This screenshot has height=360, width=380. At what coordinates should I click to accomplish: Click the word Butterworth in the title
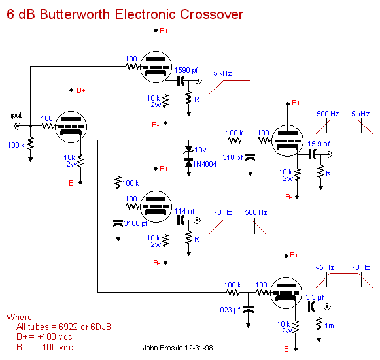click(x=75, y=14)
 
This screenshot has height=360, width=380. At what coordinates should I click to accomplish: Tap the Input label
click(x=14, y=115)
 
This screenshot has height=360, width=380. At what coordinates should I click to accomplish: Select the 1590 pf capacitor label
click(x=186, y=70)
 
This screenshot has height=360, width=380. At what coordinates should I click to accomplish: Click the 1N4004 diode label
click(x=205, y=164)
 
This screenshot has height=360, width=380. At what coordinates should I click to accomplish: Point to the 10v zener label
click(x=200, y=150)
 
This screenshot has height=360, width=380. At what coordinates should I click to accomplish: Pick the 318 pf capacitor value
click(x=233, y=157)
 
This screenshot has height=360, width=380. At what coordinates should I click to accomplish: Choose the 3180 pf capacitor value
click(x=135, y=223)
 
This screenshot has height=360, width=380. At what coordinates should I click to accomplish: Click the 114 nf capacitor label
click(x=184, y=211)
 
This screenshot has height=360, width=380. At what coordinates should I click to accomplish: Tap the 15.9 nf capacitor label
click(x=319, y=144)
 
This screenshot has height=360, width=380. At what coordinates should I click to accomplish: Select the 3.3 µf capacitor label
click(x=315, y=297)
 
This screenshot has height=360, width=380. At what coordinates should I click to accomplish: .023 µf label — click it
click(x=230, y=310)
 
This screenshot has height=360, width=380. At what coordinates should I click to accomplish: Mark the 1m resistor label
click(x=329, y=325)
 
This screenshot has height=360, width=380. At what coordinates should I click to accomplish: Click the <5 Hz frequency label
click(x=325, y=267)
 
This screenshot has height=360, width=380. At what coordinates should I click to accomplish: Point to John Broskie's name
click(x=163, y=348)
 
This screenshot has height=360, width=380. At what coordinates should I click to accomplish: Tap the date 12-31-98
click(x=199, y=348)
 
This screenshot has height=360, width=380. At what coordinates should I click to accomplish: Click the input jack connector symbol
click(x=18, y=126)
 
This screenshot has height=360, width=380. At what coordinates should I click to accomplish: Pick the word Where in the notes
click(x=19, y=317)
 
